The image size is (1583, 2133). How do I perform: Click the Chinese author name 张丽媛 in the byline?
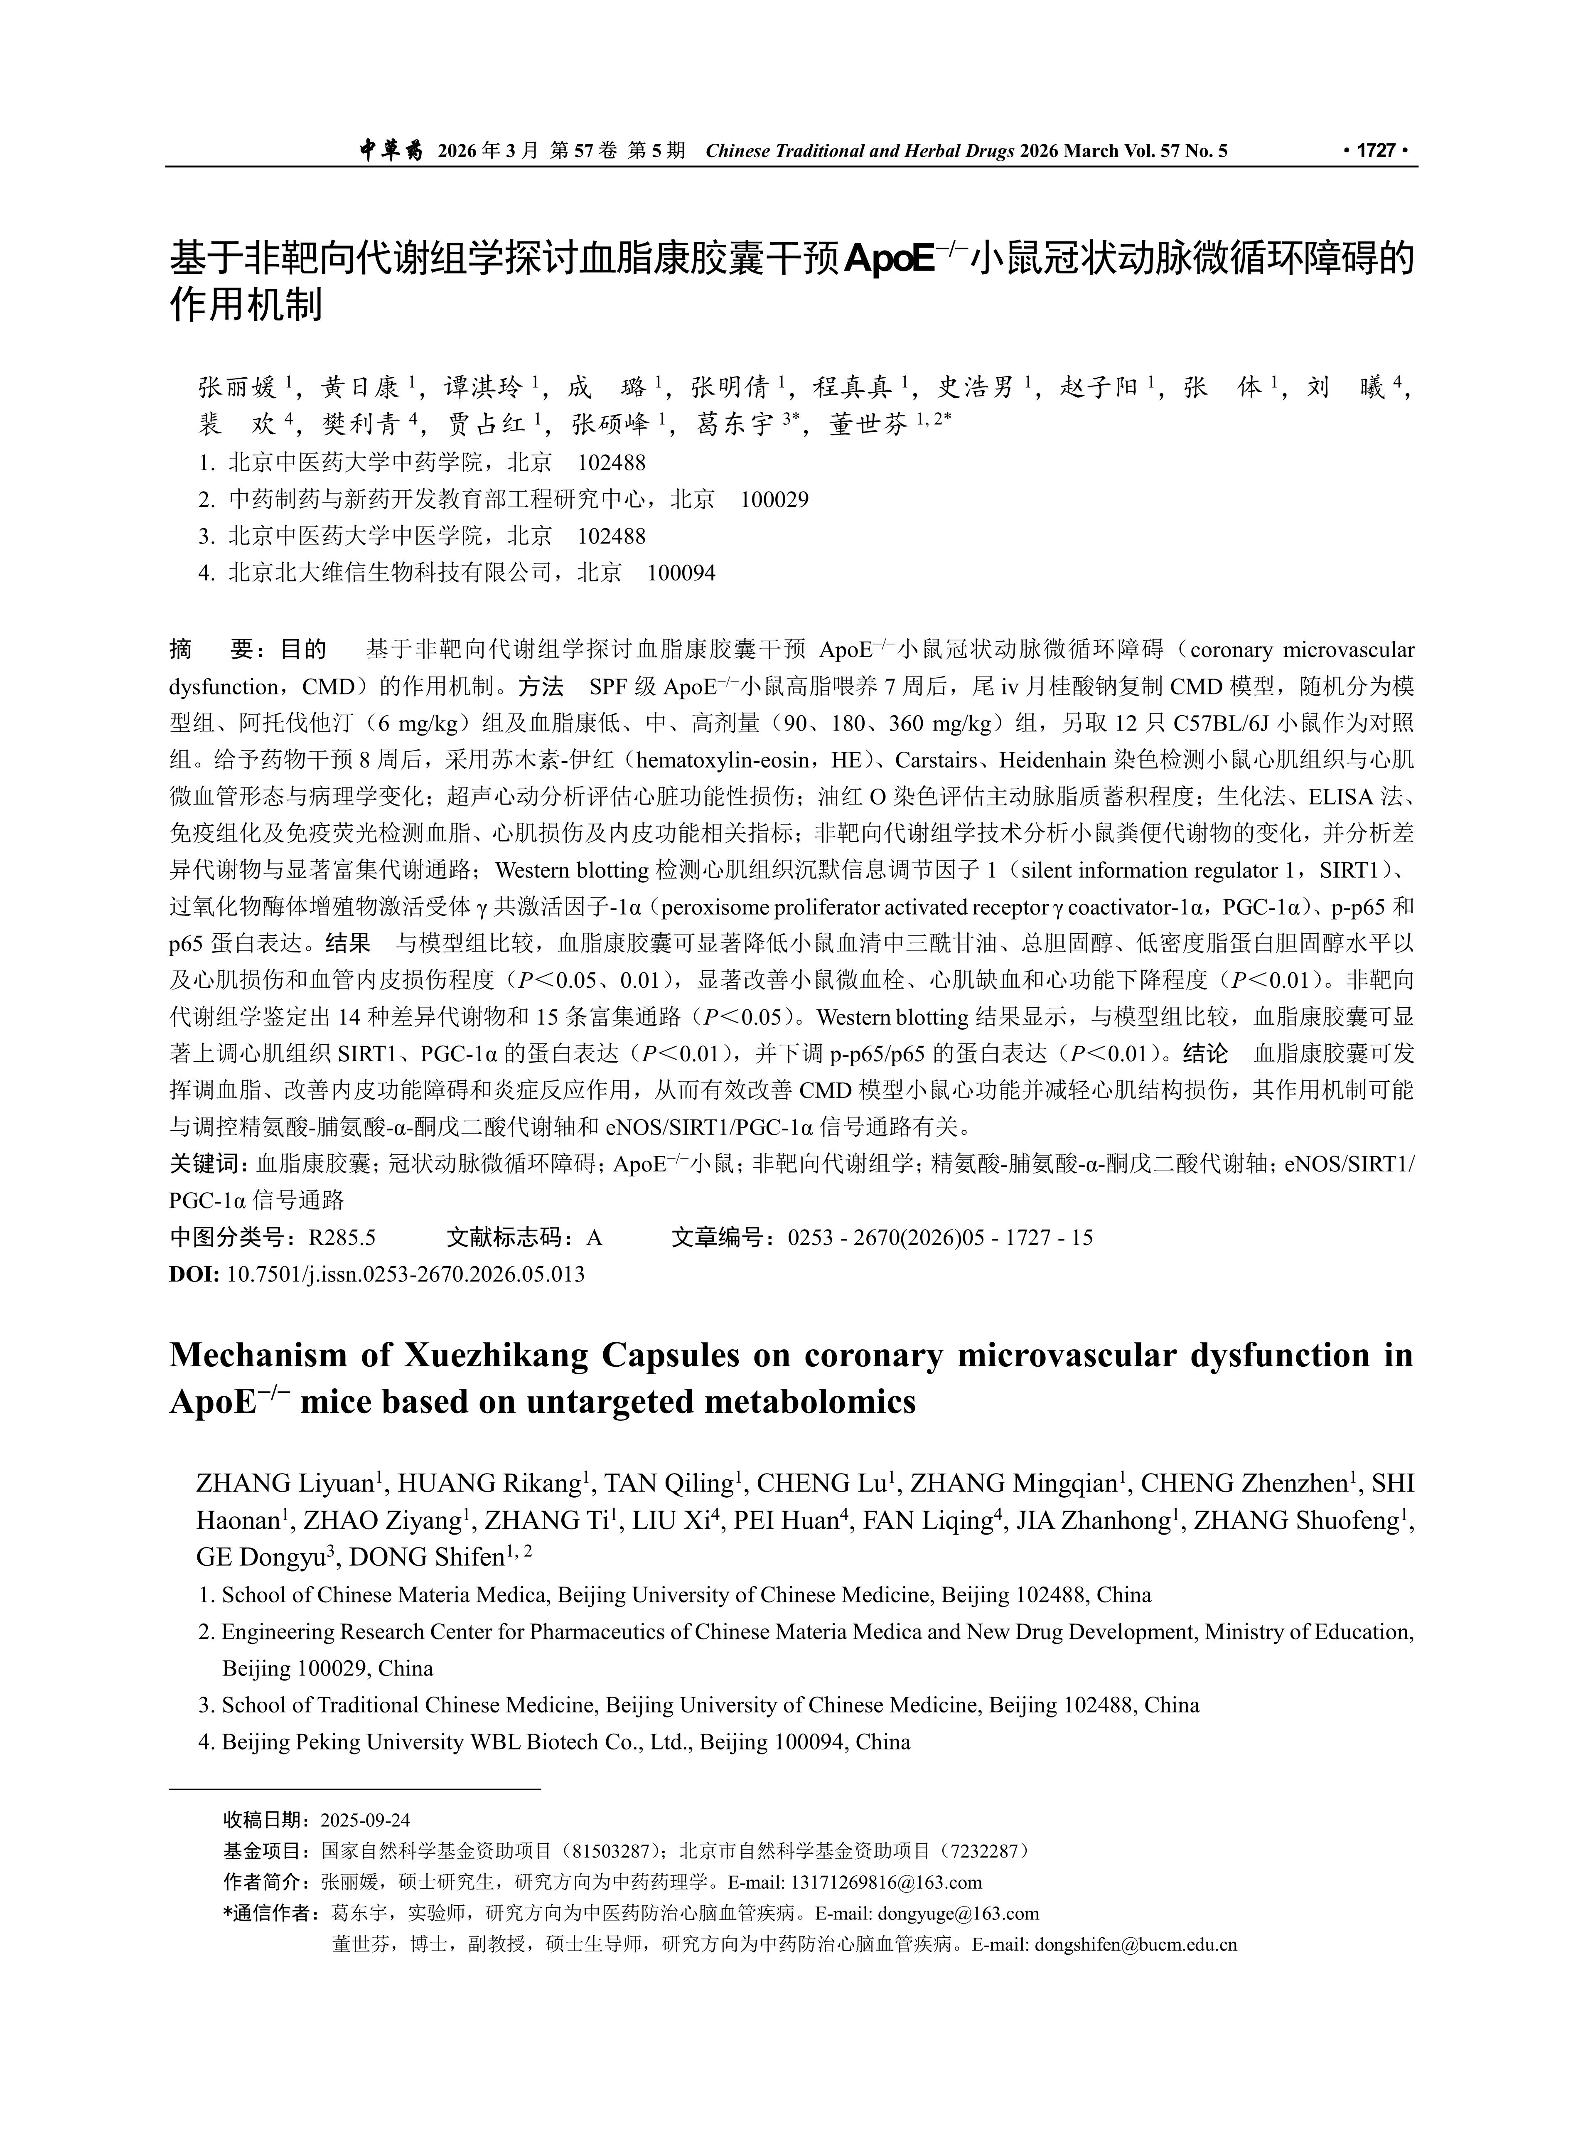237,388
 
